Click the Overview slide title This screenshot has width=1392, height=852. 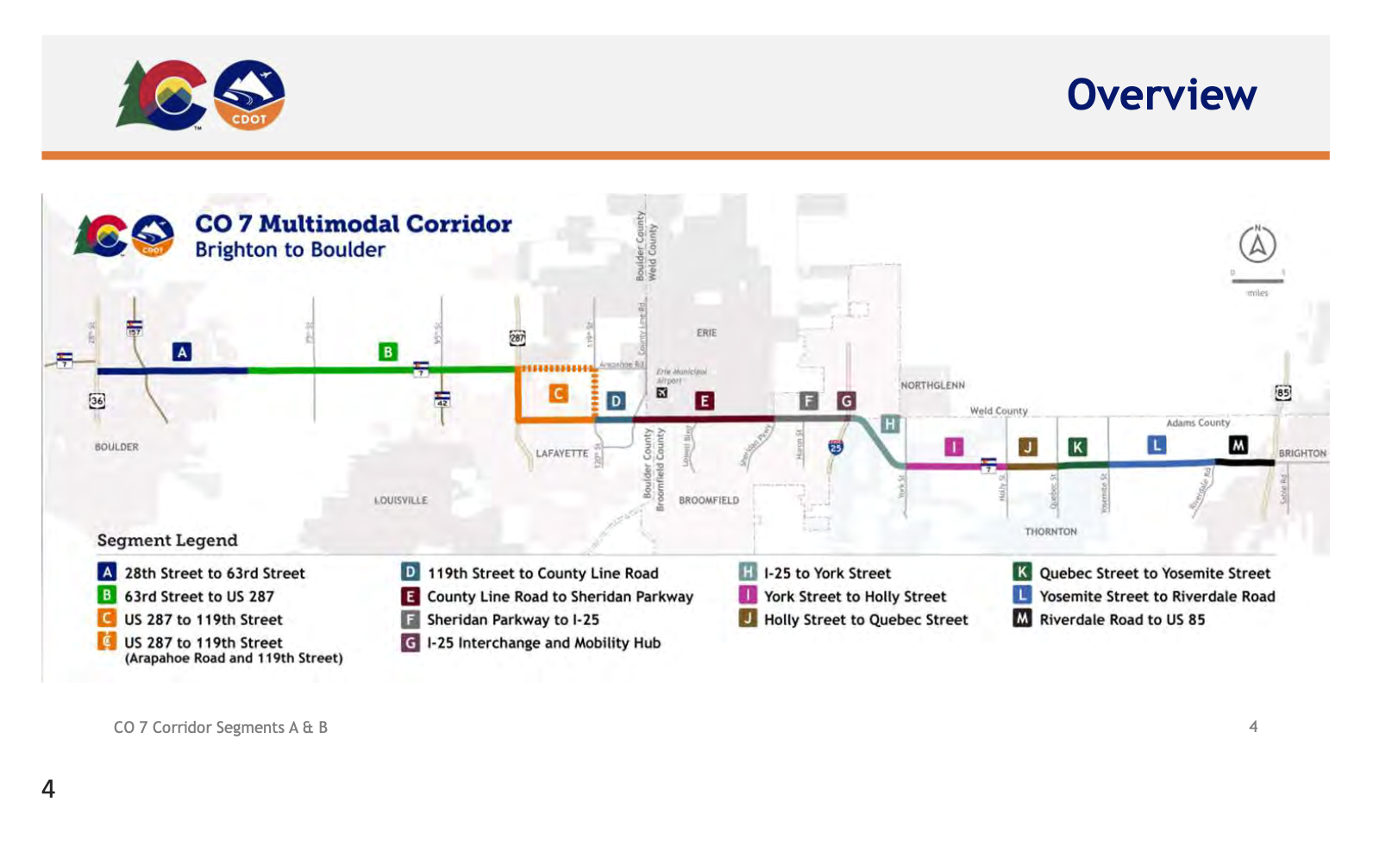[1161, 95]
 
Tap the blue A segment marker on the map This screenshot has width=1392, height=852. [182, 352]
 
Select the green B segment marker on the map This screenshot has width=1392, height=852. [388, 352]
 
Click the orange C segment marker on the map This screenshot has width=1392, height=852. [559, 394]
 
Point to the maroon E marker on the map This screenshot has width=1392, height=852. [705, 401]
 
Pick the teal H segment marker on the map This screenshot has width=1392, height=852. [890, 424]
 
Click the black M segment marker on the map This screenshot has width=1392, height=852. [1238, 445]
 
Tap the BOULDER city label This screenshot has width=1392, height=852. [116, 447]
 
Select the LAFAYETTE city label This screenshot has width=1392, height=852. [561, 453]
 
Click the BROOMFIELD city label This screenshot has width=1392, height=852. [708, 500]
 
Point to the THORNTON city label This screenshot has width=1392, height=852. [1050, 531]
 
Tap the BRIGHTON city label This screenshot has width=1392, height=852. [1302, 453]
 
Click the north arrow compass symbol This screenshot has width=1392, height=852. [1257, 245]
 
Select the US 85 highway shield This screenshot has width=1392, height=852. [1283, 393]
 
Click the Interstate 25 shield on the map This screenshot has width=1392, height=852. [835, 447]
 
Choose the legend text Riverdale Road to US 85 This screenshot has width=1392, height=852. [1122, 619]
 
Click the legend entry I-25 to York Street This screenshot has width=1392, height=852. [827, 573]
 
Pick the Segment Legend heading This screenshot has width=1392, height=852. [167, 541]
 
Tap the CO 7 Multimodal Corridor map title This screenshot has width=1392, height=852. [354, 224]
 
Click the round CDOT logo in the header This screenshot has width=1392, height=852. [249, 95]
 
